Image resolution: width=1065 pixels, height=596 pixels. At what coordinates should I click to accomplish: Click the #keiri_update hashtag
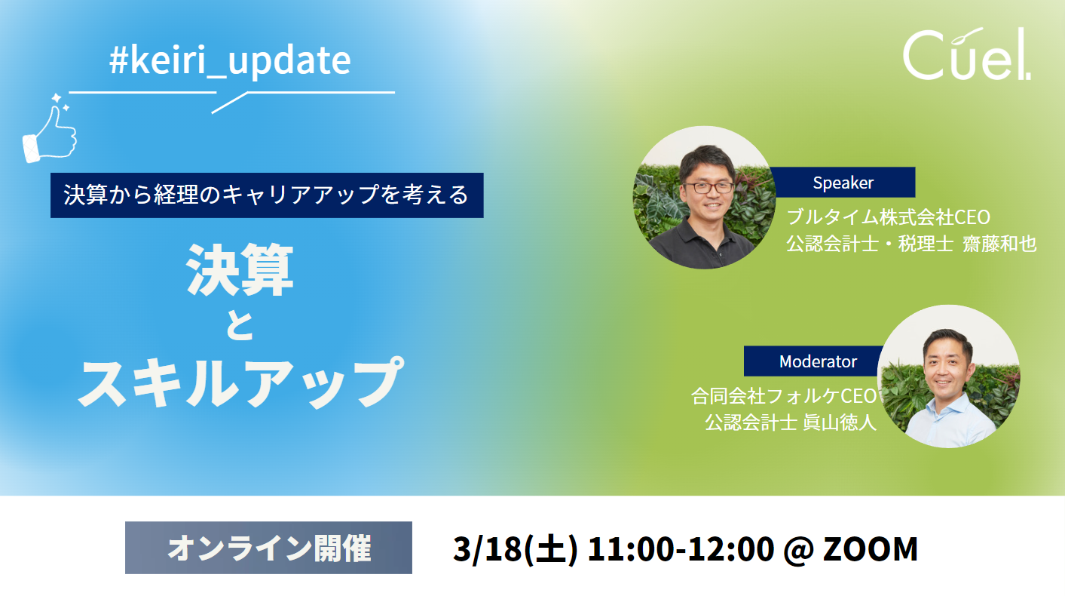230,61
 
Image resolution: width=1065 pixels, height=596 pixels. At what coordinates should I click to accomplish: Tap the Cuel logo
966,54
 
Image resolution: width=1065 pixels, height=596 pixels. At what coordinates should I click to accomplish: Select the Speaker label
843,183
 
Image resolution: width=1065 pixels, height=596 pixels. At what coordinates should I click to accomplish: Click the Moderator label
818,361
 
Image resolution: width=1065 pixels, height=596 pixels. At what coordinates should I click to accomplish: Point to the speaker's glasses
708,188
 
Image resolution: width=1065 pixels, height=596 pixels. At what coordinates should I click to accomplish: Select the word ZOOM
870,549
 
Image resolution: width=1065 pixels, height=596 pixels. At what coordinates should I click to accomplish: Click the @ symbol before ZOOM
798,550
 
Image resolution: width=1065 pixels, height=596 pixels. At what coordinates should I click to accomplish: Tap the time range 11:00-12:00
681,549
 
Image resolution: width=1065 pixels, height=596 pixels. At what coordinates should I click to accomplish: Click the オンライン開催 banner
268,548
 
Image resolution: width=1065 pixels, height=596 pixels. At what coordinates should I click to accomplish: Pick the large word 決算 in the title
240,270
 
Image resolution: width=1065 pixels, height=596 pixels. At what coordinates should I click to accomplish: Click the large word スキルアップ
240,382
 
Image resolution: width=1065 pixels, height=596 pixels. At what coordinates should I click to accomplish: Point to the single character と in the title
240,326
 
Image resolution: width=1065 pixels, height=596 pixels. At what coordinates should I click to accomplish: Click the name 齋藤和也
999,244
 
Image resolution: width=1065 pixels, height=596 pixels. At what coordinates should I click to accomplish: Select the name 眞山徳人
840,422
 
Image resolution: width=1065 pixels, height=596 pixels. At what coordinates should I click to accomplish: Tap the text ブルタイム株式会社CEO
888,217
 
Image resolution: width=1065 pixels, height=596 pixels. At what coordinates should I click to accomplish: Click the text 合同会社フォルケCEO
784,396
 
